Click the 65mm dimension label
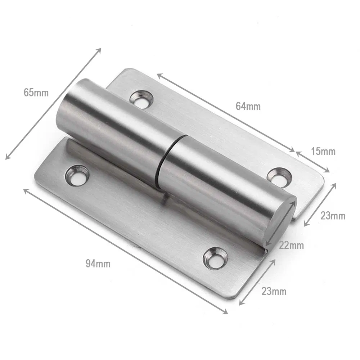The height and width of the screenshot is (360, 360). pyautogui.click(x=36, y=93)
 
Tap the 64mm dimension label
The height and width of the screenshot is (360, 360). pyautogui.click(x=248, y=106)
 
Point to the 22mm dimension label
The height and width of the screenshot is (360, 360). pyautogui.click(x=291, y=246)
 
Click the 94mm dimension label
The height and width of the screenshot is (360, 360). pyautogui.click(x=98, y=264)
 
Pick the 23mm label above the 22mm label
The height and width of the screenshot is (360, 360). pyautogui.click(x=333, y=216)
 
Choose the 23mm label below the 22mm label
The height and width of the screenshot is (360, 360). pyautogui.click(x=274, y=291)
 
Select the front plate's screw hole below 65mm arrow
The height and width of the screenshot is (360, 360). pyautogui.click(x=77, y=175)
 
